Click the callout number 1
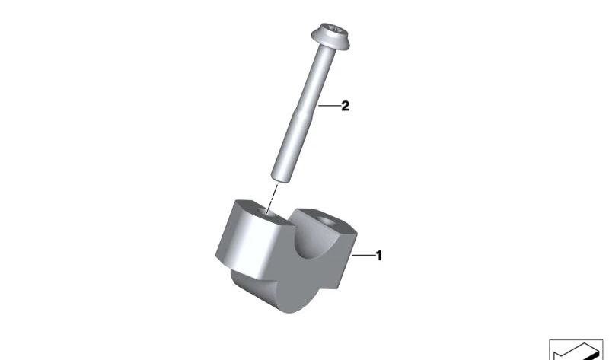378,256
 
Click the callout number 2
345,107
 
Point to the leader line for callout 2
330,107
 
